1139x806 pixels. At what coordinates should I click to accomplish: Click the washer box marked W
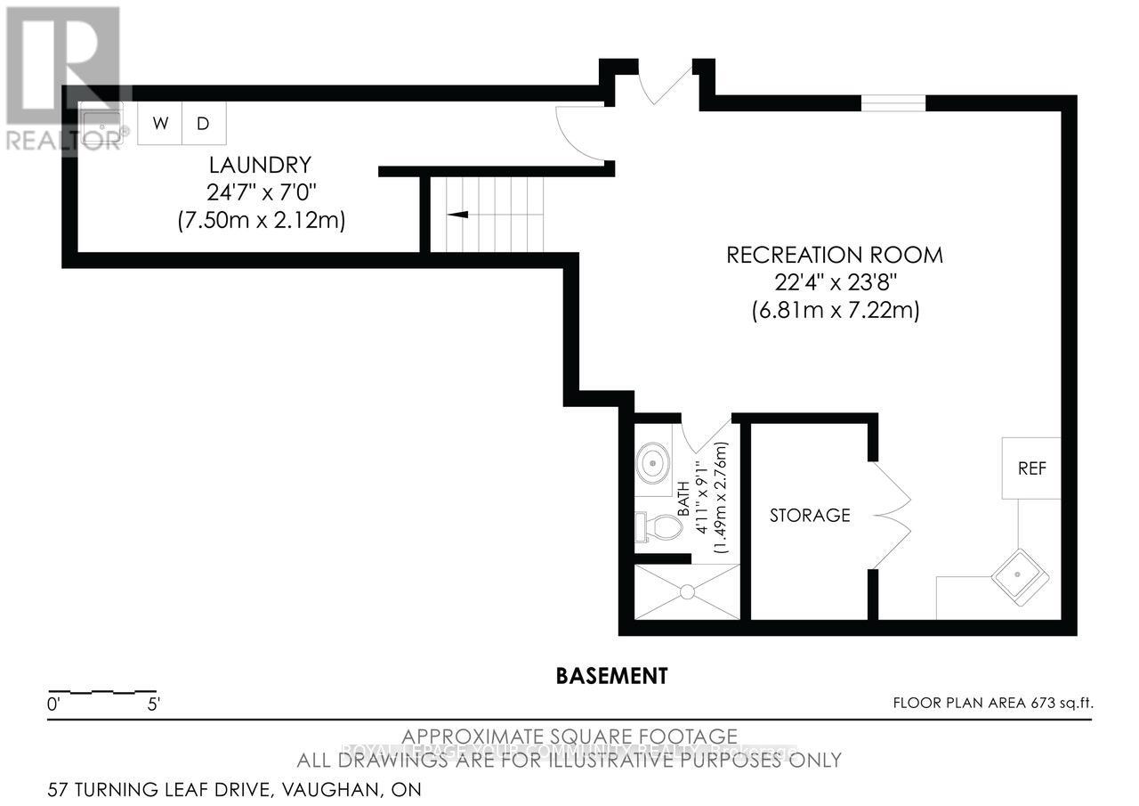tap(160, 123)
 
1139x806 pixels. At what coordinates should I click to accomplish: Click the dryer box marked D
tap(204, 123)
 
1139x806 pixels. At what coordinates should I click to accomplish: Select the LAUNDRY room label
tap(260, 165)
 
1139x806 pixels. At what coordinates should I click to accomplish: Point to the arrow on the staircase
tap(457, 215)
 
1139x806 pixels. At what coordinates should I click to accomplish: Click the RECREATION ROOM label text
tap(835, 255)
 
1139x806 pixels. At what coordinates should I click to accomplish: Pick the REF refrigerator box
tap(1032, 468)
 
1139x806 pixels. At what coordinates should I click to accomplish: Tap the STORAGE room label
tap(810, 515)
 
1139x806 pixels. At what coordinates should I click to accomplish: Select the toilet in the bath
tap(658, 527)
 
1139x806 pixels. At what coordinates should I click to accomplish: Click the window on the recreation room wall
tap(893, 102)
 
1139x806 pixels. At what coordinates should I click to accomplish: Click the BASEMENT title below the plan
tap(611, 676)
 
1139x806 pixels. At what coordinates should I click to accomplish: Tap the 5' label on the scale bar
tap(153, 704)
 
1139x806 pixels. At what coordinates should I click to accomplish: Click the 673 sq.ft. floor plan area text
tap(993, 703)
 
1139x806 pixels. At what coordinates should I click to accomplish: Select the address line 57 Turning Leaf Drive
tap(236, 789)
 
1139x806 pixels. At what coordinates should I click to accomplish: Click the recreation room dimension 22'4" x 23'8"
tap(835, 283)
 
